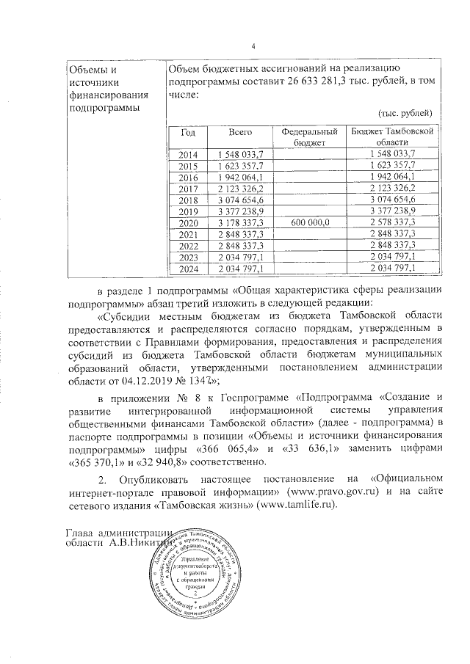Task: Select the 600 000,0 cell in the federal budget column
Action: (x=310, y=222)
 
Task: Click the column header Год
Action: (x=188, y=133)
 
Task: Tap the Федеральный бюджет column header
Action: (x=310, y=138)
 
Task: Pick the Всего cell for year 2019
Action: (x=240, y=211)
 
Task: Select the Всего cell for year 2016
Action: (x=240, y=176)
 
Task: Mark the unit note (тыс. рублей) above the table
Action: (x=405, y=114)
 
